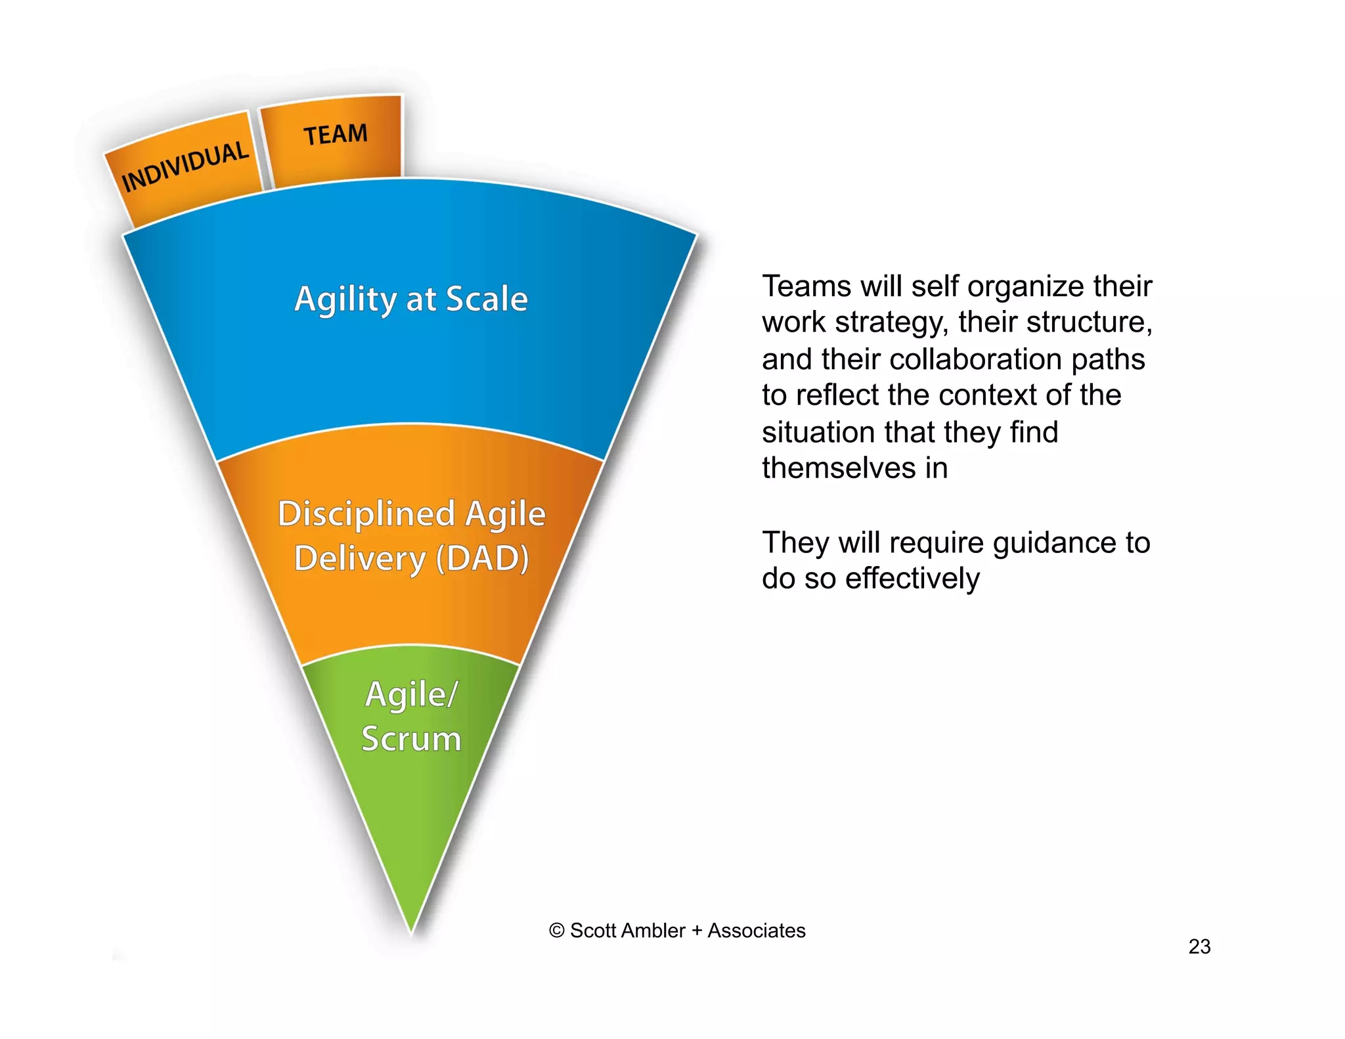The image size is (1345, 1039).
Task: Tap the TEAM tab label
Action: coord(335,135)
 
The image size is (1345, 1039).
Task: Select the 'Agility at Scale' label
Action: coord(410,299)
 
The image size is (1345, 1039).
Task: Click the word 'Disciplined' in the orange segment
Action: coord(366,514)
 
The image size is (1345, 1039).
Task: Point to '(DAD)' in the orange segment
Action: coord(483,559)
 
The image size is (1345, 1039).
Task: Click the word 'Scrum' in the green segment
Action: coord(411,739)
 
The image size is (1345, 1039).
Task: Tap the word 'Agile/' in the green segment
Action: coord(411,694)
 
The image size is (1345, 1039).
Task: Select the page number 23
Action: coord(1199,946)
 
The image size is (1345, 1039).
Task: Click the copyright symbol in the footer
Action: coord(557,931)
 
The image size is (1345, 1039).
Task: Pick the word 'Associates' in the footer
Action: coord(756,931)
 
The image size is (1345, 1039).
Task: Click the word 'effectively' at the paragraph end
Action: coord(912,579)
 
